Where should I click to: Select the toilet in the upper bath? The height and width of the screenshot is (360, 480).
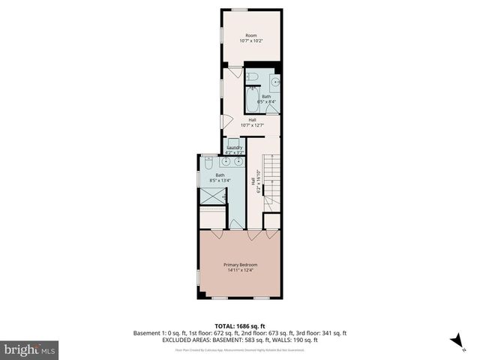tap(253, 76)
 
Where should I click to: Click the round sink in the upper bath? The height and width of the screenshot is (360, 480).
tap(274, 80)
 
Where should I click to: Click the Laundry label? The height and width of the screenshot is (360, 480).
tap(234, 148)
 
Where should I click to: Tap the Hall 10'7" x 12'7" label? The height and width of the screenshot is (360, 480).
tap(255, 122)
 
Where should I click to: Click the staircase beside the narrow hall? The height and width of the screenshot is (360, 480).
tap(271, 180)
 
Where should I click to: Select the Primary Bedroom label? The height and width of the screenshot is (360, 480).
tap(240, 265)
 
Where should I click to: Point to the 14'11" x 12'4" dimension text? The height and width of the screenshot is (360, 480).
tap(240, 271)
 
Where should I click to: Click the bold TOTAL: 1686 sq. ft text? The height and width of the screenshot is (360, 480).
tap(240, 326)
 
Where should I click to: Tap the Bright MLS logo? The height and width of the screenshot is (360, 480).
tap(30, 349)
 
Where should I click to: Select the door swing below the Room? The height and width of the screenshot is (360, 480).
tap(235, 73)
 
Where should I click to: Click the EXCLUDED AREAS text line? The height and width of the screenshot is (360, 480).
tap(240, 339)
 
